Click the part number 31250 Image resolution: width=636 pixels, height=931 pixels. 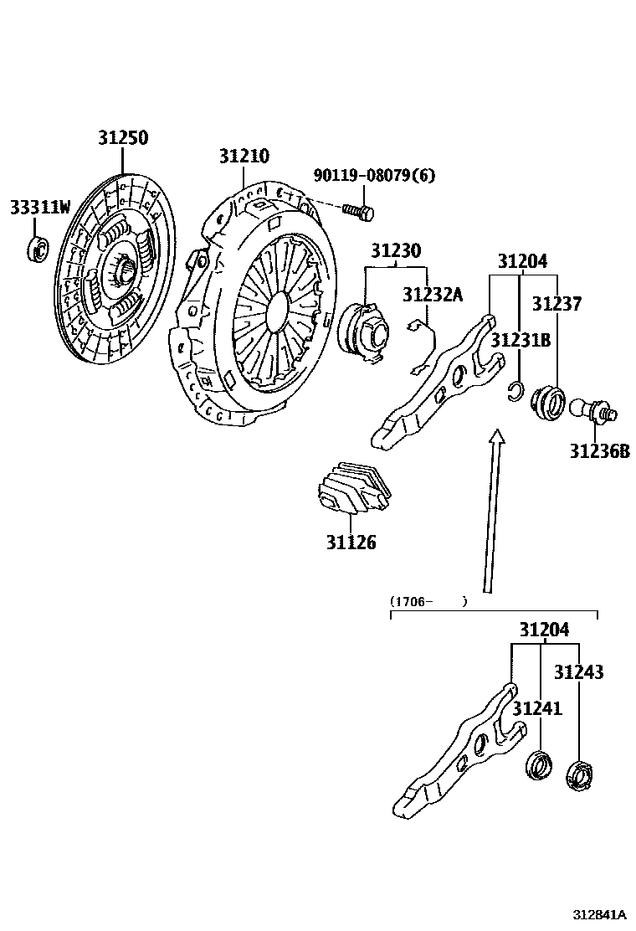pyautogui.click(x=122, y=139)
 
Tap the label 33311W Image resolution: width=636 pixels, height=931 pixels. pyautogui.click(x=39, y=207)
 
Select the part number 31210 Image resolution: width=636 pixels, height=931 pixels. pyautogui.click(x=244, y=157)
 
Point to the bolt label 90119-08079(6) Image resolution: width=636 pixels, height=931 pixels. pyautogui.click(x=374, y=176)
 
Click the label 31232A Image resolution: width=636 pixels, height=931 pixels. pyautogui.click(x=432, y=295)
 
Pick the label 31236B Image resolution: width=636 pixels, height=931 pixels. pyautogui.click(x=599, y=451)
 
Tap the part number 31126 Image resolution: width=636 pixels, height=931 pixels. pyautogui.click(x=351, y=543)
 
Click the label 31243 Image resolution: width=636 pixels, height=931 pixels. pyautogui.click(x=578, y=672)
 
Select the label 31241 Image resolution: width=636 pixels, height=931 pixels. pyautogui.click(x=537, y=709)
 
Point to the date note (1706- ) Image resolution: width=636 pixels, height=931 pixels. pyautogui.click(x=428, y=601)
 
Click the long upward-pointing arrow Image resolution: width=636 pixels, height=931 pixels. pyautogui.click(x=492, y=511)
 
